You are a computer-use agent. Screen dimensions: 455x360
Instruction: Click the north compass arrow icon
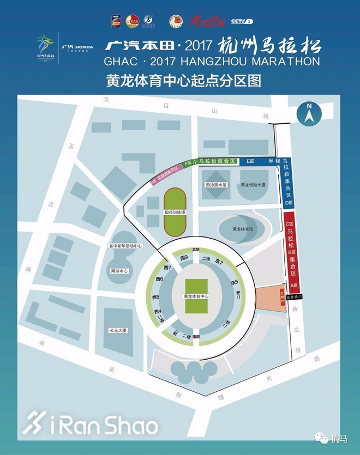tap(309, 113)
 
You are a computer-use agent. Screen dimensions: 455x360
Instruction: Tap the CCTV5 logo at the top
tap(243, 22)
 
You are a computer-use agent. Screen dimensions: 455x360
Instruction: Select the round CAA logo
tap(132, 21)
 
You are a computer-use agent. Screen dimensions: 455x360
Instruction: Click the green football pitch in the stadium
tap(196, 296)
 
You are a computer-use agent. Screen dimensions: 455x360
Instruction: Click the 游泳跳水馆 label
tap(216, 185)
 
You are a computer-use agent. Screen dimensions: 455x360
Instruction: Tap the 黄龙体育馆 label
tap(243, 229)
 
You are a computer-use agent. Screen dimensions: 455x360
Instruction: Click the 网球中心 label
tap(119, 271)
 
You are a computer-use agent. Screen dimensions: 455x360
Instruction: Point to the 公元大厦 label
tap(118, 330)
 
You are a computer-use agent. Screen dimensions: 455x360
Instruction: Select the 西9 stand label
tap(184, 258)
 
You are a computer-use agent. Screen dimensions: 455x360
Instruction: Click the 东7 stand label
tap(220, 263)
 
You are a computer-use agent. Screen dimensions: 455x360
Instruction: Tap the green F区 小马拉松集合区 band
tap(209, 161)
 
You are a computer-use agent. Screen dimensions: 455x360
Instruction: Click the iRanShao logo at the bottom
tap(91, 424)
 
